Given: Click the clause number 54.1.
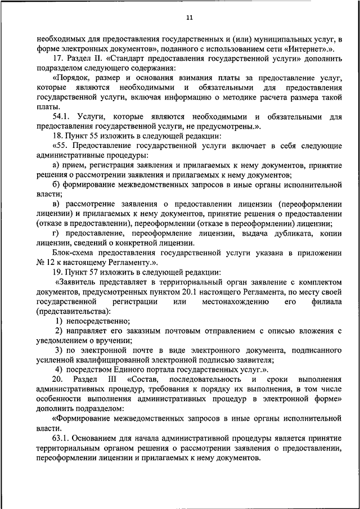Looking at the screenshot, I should pyautogui.click(x=61, y=116).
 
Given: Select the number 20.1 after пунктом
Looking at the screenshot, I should pyautogui.click(x=168, y=291).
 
